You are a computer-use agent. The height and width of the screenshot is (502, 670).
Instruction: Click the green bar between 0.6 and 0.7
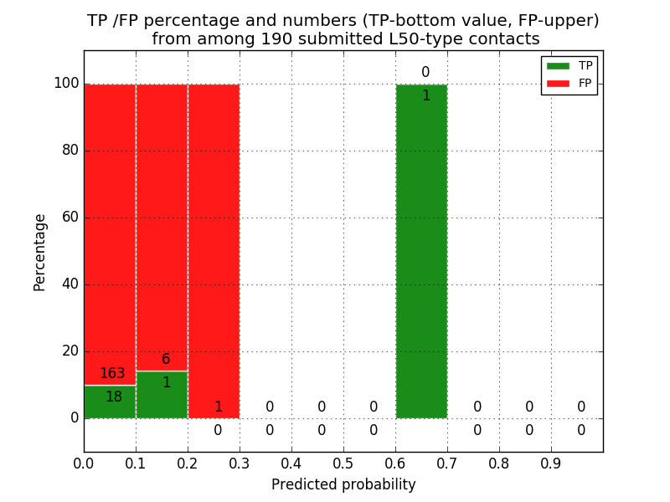tap(421, 251)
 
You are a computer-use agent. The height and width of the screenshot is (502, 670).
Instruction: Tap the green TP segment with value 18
tap(110, 402)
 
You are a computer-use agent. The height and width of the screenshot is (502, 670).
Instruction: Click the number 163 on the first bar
tap(112, 374)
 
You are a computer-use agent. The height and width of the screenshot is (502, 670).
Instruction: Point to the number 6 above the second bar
tap(166, 360)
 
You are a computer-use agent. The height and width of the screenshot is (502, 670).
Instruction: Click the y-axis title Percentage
tap(40, 252)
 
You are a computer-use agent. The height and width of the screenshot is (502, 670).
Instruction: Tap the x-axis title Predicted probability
tap(343, 484)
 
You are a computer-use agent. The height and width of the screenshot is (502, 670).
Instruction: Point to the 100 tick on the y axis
tap(66, 84)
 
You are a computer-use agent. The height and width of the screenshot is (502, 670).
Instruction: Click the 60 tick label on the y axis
tap(70, 218)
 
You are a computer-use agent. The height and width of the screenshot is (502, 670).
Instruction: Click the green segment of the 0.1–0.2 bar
tap(162, 395)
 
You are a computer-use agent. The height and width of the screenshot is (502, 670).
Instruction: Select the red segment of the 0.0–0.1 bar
tap(110, 226)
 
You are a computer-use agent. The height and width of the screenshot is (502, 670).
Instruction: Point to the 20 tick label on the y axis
tap(70, 351)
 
